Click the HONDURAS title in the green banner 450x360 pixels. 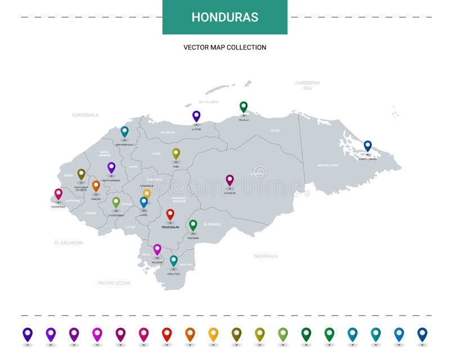[x=225, y=17]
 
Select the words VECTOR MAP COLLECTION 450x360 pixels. [x=225, y=47]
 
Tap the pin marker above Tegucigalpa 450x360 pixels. [x=170, y=214]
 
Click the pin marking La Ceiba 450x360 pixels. [x=196, y=116]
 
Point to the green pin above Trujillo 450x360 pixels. [x=244, y=106]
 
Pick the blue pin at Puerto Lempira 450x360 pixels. [x=368, y=146]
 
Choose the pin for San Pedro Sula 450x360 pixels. [x=125, y=131]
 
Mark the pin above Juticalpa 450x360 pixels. [x=229, y=180]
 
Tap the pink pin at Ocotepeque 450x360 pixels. [x=58, y=193]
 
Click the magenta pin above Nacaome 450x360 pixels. [x=157, y=249]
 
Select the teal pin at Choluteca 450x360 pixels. [x=174, y=260]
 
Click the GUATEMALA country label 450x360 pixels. [x=85, y=115]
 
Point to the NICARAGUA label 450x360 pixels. [x=265, y=256]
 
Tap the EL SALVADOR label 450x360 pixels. [x=69, y=243]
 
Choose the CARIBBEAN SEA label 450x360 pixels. [x=308, y=85]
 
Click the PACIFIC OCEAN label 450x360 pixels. [x=114, y=283]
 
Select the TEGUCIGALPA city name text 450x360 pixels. [x=170, y=228]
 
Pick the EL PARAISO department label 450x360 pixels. [x=212, y=224]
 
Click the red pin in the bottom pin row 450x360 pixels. [x=167, y=334]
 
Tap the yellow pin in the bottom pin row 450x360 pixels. [x=213, y=334]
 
